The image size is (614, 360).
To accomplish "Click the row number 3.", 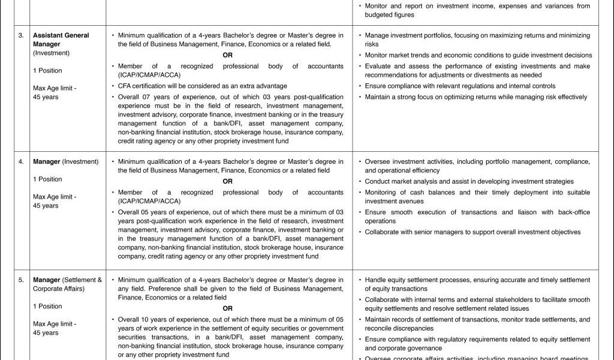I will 21,35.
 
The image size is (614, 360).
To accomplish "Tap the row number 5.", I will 21,280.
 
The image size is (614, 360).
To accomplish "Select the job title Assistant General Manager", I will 61,40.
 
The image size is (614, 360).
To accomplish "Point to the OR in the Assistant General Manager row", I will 227,55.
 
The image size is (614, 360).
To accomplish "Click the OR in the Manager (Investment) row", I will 227,181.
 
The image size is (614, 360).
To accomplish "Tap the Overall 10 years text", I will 144,319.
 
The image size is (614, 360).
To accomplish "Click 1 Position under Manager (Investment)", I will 47,179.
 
